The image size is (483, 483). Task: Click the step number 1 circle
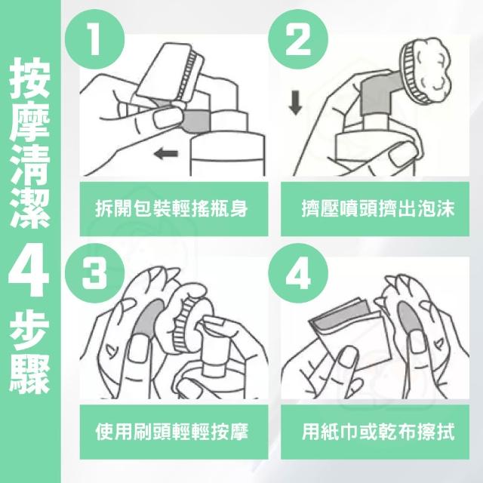(x=94, y=39)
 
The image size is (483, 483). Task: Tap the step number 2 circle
(x=298, y=39)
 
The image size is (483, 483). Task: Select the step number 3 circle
(x=94, y=273)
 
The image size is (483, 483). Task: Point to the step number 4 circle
(x=298, y=273)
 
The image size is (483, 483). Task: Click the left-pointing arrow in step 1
(x=166, y=153)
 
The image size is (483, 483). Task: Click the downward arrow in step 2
(x=295, y=103)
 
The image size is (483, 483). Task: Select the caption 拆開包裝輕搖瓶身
(x=171, y=208)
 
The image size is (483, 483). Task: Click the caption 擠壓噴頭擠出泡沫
(x=377, y=208)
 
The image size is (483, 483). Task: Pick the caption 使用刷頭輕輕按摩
(x=171, y=432)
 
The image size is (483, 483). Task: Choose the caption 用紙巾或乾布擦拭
(x=377, y=432)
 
